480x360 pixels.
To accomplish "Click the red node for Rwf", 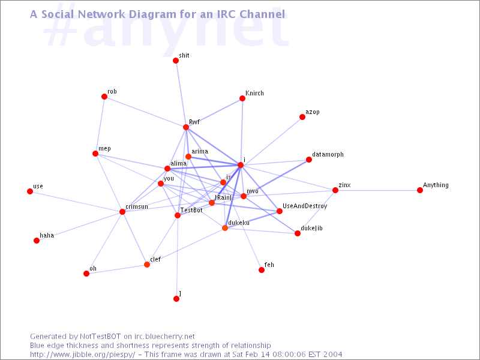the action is point(186,127).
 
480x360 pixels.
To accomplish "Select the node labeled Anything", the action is point(419,190).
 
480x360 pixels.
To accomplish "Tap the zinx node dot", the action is point(335,190).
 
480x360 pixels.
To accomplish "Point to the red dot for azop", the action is point(302,117).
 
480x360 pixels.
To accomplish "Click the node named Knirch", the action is point(242,98).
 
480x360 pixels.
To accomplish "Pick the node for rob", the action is point(104,97).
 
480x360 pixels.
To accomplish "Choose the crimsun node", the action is point(122,212).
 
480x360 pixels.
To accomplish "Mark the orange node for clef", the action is point(147,265).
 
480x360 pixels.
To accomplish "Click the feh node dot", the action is point(262,269).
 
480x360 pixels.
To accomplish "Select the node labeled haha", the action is point(37,241).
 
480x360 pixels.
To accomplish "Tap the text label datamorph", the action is point(328,155).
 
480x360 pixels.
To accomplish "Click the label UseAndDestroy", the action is point(305,206).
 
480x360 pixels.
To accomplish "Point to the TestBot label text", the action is point(191,210).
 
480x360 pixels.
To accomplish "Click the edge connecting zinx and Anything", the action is point(377,190).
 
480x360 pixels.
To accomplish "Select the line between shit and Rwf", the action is point(181,94).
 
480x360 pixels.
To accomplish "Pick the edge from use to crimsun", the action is point(76,202).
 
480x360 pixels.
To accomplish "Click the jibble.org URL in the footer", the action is point(82,355).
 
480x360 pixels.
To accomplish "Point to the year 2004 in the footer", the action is point(332,355).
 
